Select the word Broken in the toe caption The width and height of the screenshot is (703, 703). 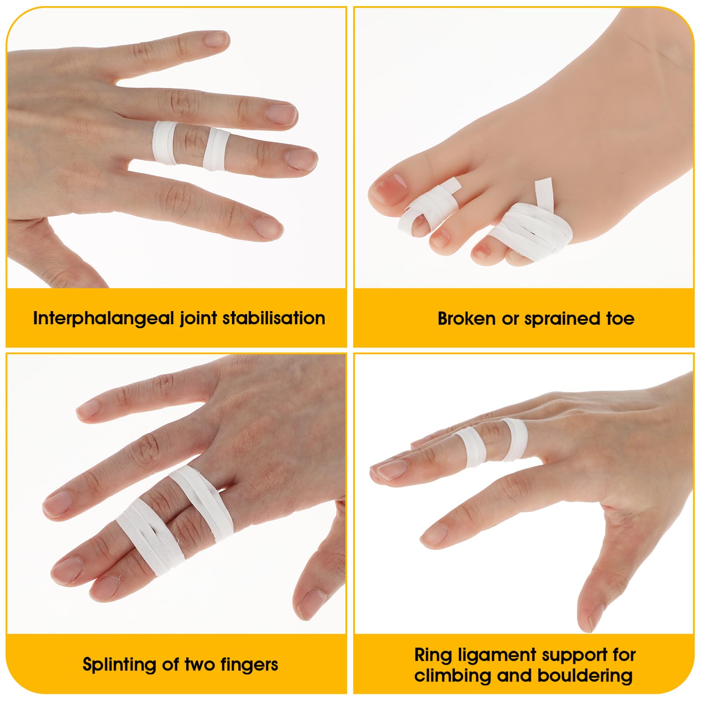466,319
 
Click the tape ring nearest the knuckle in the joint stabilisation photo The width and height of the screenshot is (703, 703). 165,143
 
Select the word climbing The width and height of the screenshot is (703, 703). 453,675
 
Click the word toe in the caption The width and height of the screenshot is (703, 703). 620,319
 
